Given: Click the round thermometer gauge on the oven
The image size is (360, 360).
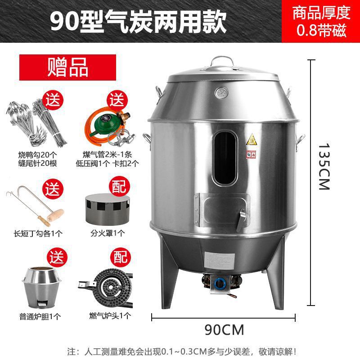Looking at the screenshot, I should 221,92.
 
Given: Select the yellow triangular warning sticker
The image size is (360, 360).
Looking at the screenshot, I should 251,140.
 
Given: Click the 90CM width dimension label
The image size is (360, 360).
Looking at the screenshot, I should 224,330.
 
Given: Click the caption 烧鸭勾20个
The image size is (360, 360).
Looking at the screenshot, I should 37,154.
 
